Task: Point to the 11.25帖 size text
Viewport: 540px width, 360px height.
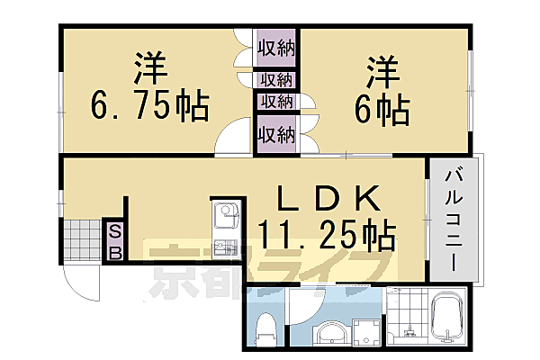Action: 326,236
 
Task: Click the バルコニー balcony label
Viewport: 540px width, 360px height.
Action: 453,220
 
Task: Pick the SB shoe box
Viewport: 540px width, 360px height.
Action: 115,240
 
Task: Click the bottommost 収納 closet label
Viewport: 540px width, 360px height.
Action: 275,135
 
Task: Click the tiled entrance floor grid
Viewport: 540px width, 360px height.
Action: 81,240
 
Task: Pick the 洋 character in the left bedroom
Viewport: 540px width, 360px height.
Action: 151,67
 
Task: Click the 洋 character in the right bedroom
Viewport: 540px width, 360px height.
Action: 383,70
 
